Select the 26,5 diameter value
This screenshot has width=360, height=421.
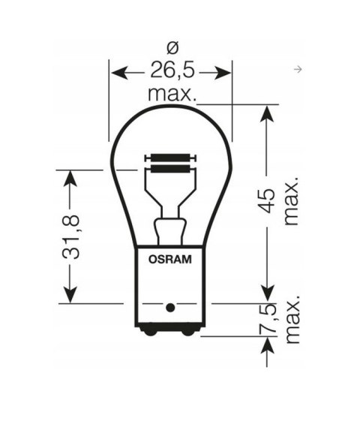[x=171, y=73]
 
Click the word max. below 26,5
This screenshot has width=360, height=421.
[x=172, y=95]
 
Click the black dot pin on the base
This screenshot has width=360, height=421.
[x=170, y=306]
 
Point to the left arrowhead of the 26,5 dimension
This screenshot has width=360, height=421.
[x=118, y=73]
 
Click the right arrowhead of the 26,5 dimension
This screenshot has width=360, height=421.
[x=225, y=73]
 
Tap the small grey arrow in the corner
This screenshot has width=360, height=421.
[x=299, y=70]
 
